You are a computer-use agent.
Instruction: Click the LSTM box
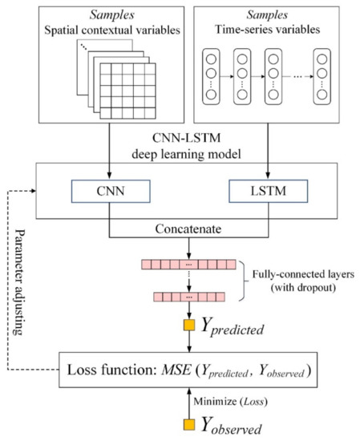pos(267,194)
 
